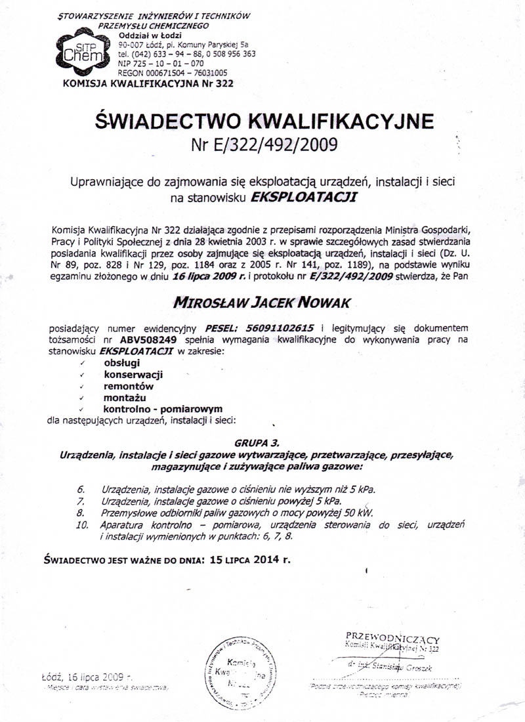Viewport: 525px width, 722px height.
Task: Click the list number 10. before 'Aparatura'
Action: [x=82, y=526]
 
